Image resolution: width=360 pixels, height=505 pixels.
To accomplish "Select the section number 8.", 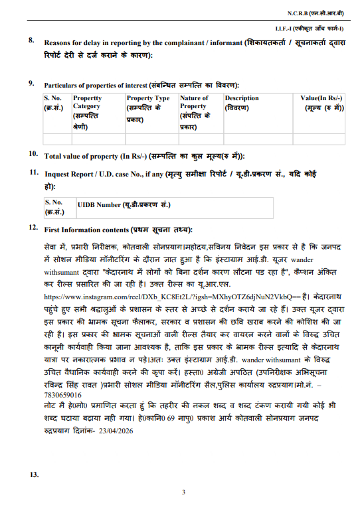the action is [31, 40].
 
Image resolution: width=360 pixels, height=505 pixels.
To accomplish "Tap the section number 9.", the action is [31, 84].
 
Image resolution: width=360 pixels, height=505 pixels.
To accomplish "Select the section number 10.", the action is [32, 154].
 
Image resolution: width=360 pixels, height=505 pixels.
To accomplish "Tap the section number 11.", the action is [32, 173].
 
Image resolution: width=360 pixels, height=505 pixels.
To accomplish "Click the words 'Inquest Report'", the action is [70, 174].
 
